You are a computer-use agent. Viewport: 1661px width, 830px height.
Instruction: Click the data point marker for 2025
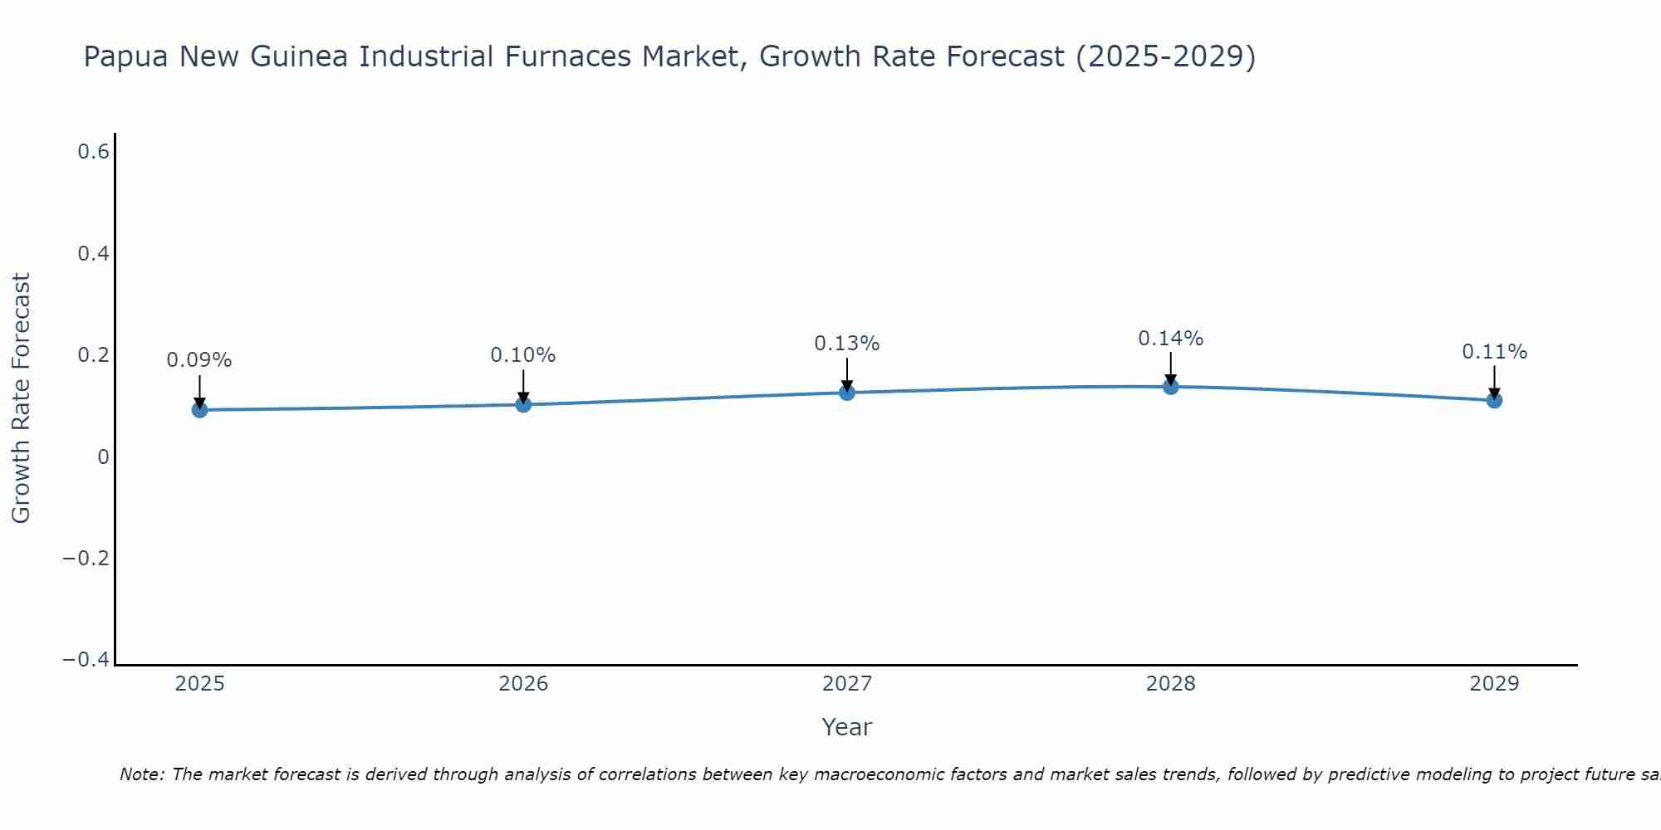coord(199,409)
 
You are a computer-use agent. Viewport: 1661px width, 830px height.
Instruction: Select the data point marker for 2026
coord(523,404)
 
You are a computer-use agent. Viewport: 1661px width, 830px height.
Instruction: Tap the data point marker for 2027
coord(847,392)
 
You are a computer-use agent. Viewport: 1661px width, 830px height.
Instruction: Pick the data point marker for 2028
coord(1171,386)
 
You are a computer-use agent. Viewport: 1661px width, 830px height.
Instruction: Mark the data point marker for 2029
coord(1494,400)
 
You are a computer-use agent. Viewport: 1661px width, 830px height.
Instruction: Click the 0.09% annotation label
coord(199,360)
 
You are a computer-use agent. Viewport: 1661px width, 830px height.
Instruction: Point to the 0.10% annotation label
coord(523,355)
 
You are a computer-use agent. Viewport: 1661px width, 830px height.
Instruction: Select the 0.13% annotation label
coord(847,343)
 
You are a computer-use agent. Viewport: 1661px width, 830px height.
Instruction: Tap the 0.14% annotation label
coord(1171,338)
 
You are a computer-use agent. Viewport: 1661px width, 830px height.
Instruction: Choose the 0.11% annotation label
coord(1494,352)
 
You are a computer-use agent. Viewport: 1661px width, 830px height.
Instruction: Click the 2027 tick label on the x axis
coord(847,684)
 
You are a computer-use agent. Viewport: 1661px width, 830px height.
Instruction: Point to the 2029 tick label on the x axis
coord(1494,684)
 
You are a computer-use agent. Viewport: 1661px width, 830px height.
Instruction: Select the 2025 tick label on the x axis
coord(199,684)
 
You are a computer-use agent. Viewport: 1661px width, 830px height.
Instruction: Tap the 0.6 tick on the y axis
coord(93,152)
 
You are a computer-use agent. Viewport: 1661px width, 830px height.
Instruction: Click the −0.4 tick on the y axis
coord(86,659)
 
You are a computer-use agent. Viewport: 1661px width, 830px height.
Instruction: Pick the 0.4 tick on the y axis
coord(93,253)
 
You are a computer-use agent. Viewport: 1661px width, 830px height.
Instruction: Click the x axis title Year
coord(847,727)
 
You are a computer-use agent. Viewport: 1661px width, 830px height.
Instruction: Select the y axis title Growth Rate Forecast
coord(22,398)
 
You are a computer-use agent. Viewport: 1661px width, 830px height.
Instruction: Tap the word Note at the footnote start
coord(141,774)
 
